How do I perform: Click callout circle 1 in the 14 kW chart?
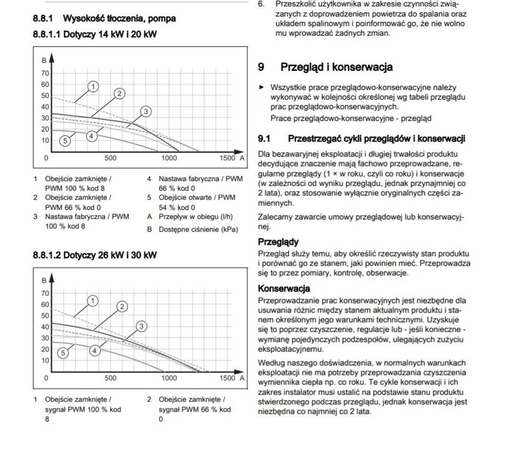pos(93,87)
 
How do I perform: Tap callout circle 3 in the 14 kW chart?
pos(146,111)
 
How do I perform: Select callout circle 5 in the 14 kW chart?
pos(65,140)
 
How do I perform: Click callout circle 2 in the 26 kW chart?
pos(122,306)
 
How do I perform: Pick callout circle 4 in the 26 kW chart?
pos(94,350)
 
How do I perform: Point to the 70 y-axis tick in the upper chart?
pos(45,73)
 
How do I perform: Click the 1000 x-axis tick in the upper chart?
pos(169,158)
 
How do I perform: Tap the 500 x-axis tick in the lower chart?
pos(110,379)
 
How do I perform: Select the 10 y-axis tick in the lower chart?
pos(45,360)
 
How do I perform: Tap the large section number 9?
pos(261,67)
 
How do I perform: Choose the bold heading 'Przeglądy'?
pos(278,241)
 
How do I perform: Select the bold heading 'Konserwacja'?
pos(284,289)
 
